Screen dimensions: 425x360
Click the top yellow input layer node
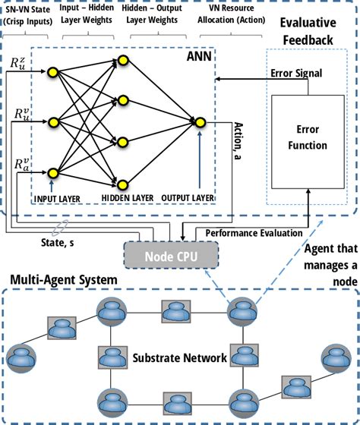(53, 72)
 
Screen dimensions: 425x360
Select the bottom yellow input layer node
(53, 174)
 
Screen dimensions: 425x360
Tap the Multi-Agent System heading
(64, 280)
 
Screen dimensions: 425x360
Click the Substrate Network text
(174, 357)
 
